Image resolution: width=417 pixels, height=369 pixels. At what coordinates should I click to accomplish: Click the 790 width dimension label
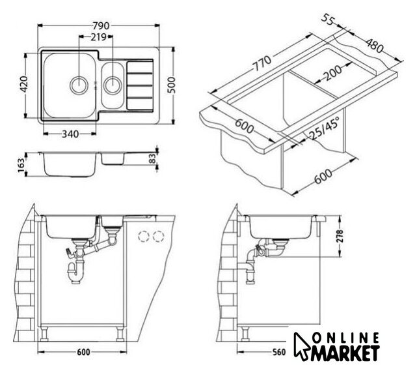pyautogui.click(x=101, y=25)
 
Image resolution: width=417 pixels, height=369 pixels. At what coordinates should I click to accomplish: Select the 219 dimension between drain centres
pyautogui.click(x=98, y=37)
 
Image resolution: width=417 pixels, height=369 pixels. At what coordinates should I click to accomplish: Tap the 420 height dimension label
pyautogui.click(x=24, y=84)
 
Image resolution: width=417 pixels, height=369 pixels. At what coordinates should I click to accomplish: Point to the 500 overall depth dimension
pyautogui.click(x=172, y=85)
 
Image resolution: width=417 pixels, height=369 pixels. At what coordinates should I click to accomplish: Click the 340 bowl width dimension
pyautogui.click(x=70, y=134)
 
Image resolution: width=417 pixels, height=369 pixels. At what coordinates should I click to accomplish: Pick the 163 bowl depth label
pyautogui.click(x=21, y=165)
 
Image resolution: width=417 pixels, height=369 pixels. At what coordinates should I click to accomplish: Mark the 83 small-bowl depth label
pyautogui.click(x=152, y=158)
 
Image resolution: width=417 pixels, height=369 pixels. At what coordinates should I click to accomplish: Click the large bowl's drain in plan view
pyautogui.click(x=78, y=85)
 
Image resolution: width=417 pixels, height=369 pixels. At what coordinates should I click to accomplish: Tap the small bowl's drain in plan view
pyautogui.click(x=113, y=85)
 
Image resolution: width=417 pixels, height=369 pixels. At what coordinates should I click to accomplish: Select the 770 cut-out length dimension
pyautogui.click(x=262, y=63)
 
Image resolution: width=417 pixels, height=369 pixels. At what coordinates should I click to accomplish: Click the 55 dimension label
pyautogui.click(x=327, y=19)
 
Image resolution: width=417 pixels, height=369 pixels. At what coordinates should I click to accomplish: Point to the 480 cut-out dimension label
pyautogui.click(x=375, y=46)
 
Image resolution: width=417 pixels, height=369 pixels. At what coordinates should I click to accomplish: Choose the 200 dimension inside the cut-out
pyautogui.click(x=333, y=73)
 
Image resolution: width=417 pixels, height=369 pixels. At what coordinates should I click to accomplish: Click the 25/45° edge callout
pyautogui.click(x=325, y=128)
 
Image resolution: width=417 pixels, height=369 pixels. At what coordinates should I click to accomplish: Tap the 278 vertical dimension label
pyautogui.click(x=340, y=236)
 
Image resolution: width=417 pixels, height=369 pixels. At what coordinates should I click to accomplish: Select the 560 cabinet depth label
pyautogui.click(x=278, y=352)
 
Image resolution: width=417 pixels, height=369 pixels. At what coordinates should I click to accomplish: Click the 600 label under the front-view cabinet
pyautogui.click(x=83, y=352)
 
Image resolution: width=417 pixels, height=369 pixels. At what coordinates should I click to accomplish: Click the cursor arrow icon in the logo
pyautogui.click(x=301, y=344)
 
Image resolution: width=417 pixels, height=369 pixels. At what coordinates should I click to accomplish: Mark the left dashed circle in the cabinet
pyautogui.click(x=144, y=236)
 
